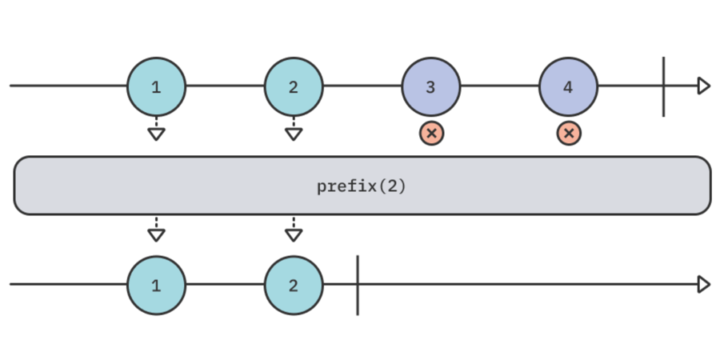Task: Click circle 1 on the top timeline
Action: pyautogui.click(x=156, y=86)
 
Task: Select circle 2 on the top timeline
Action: pyautogui.click(x=294, y=86)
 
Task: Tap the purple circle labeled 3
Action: pyautogui.click(x=431, y=86)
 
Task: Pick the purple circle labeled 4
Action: pyautogui.click(x=568, y=86)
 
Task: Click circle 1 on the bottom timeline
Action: pyautogui.click(x=156, y=285)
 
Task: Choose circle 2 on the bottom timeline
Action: pyautogui.click(x=294, y=285)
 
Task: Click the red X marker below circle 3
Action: pyautogui.click(x=431, y=133)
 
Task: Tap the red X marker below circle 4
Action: pyautogui.click(x=569, y=133)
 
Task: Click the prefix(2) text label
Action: pyautogui.click(x=362, y=186)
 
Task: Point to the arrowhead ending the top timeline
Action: pyautogui.click(x=703, y=86)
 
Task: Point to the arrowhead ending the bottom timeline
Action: pyautogui.click(x=703, y=285)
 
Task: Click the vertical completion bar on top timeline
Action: pyautogui.click(x=663, y=86)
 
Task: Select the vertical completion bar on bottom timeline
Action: pyautogui.click(x=358, y=285)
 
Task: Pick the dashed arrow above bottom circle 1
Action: pyautogui.click(x=156, y=230)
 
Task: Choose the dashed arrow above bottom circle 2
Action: pyautogui.click(x=294, y=230)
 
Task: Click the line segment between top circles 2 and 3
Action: pyautogui.click(x=362, y=86)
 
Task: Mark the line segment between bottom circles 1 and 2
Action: pyautogui.click(x=225, y=285)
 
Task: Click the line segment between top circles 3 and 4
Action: pyautogui.click(x=500, y=86)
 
